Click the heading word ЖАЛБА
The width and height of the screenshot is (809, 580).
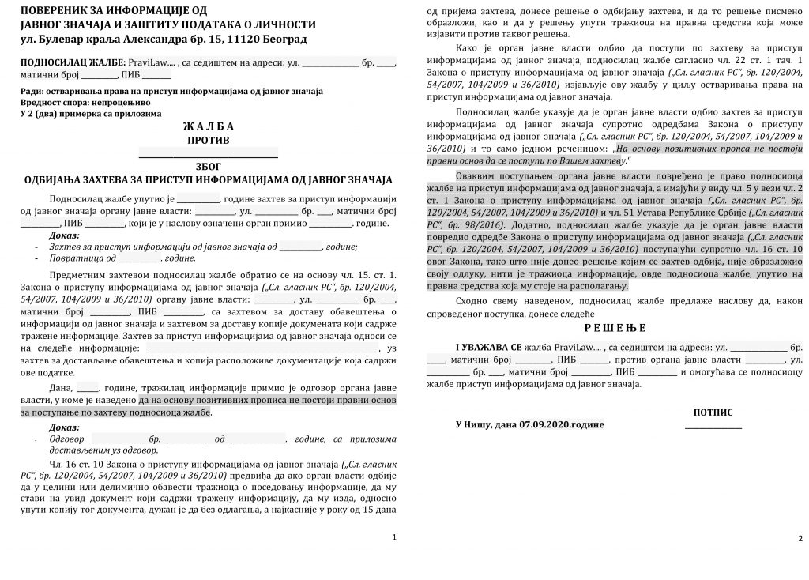click(209, 126)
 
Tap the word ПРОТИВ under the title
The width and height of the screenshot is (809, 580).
click(209, 140)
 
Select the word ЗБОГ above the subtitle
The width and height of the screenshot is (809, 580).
click(209, 167)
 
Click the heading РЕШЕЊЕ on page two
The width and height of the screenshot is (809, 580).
click(615, 328)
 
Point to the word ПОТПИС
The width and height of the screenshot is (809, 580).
click(713, 412)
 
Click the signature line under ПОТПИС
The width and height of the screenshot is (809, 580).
click(713, 428)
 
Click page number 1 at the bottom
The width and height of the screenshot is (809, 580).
click(395, 537)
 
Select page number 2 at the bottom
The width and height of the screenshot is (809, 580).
click(800, 539)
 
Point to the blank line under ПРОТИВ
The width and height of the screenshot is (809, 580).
click(209, 154)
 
